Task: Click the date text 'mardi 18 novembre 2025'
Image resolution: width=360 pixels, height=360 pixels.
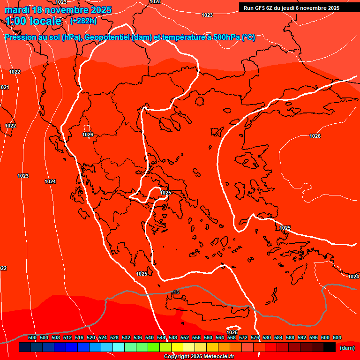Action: click(58, 10)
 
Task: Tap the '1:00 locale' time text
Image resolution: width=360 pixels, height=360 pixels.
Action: click(33, 21)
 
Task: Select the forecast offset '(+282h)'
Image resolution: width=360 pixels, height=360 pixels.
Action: click(83, 21)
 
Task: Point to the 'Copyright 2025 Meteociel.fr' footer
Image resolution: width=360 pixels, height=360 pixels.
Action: click(199, 356)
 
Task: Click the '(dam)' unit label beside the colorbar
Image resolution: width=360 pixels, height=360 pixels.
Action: click(347, 347)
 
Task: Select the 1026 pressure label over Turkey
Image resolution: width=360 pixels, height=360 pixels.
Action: click(315, 136)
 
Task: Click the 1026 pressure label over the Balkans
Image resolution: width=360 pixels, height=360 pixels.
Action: click(88, 135)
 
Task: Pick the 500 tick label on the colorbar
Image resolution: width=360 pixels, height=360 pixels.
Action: click(32, 337)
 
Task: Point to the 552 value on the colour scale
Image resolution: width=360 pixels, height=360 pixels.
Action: click(185, 337)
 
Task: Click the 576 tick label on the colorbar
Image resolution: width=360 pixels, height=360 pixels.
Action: click(255, 337)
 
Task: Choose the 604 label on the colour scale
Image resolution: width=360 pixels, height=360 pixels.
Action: click(337, 337)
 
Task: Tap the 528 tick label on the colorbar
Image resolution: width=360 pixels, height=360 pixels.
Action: click(114, 337)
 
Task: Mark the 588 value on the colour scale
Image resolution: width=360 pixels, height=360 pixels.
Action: click(290, 337)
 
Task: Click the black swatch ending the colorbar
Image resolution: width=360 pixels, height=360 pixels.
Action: click(329, 347)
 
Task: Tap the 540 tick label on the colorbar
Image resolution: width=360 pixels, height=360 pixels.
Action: click(150, 337)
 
